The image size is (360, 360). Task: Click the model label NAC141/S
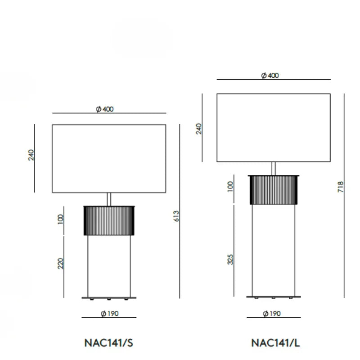coord(108,343)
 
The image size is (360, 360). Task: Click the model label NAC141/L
coord(275,343)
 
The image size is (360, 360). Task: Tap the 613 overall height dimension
coord(176,216)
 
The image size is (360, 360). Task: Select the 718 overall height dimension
coord(341,187)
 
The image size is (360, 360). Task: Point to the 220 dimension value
coord(60,263)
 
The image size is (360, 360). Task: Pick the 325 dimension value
coord(230,260)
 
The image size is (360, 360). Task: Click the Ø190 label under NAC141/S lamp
coord(109,313)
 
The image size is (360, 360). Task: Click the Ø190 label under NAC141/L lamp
coord(272,313)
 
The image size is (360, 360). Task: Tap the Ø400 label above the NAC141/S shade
coord(105,109)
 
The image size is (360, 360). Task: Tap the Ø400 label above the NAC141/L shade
coord(270,76)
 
